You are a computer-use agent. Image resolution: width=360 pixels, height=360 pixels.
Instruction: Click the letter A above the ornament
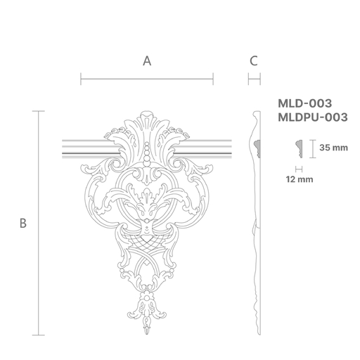(x=147, y=61)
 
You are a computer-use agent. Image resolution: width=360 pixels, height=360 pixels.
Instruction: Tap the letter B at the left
(x=23, y=224)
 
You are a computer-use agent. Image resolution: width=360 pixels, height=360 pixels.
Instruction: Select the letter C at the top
(x=254, y=61)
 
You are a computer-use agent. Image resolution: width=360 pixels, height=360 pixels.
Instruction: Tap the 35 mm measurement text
(x=334, y=148)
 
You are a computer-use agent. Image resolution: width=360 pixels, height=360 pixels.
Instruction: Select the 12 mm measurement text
(x=300, y=180)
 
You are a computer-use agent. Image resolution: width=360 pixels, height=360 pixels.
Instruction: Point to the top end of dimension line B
(x=39, y=111)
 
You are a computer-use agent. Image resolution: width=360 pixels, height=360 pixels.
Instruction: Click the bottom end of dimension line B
(x=39, y=335)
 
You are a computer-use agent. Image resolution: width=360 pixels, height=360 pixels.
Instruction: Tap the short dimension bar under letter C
(x=254, y=79)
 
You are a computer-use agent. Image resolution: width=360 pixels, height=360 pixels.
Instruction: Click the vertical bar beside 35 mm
(x=311, y=148)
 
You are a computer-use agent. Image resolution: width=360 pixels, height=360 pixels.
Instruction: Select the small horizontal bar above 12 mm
(x=300, y=169)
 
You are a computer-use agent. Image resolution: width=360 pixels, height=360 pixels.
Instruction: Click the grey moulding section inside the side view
(x=257, y=148)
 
